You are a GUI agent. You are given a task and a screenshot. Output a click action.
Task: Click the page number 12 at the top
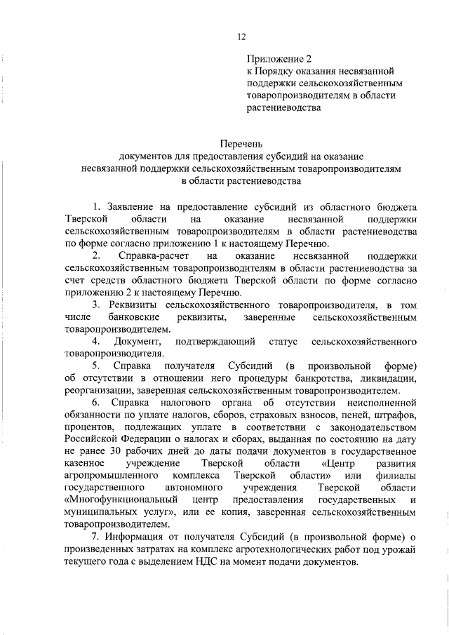(x=241, y=36)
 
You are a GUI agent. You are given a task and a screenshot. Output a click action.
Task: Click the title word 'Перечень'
(x=241, y=142)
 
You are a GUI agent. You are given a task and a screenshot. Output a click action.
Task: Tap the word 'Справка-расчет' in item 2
(x=152, y=256)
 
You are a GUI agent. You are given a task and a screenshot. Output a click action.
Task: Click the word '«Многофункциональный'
(x=118, y=506)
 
